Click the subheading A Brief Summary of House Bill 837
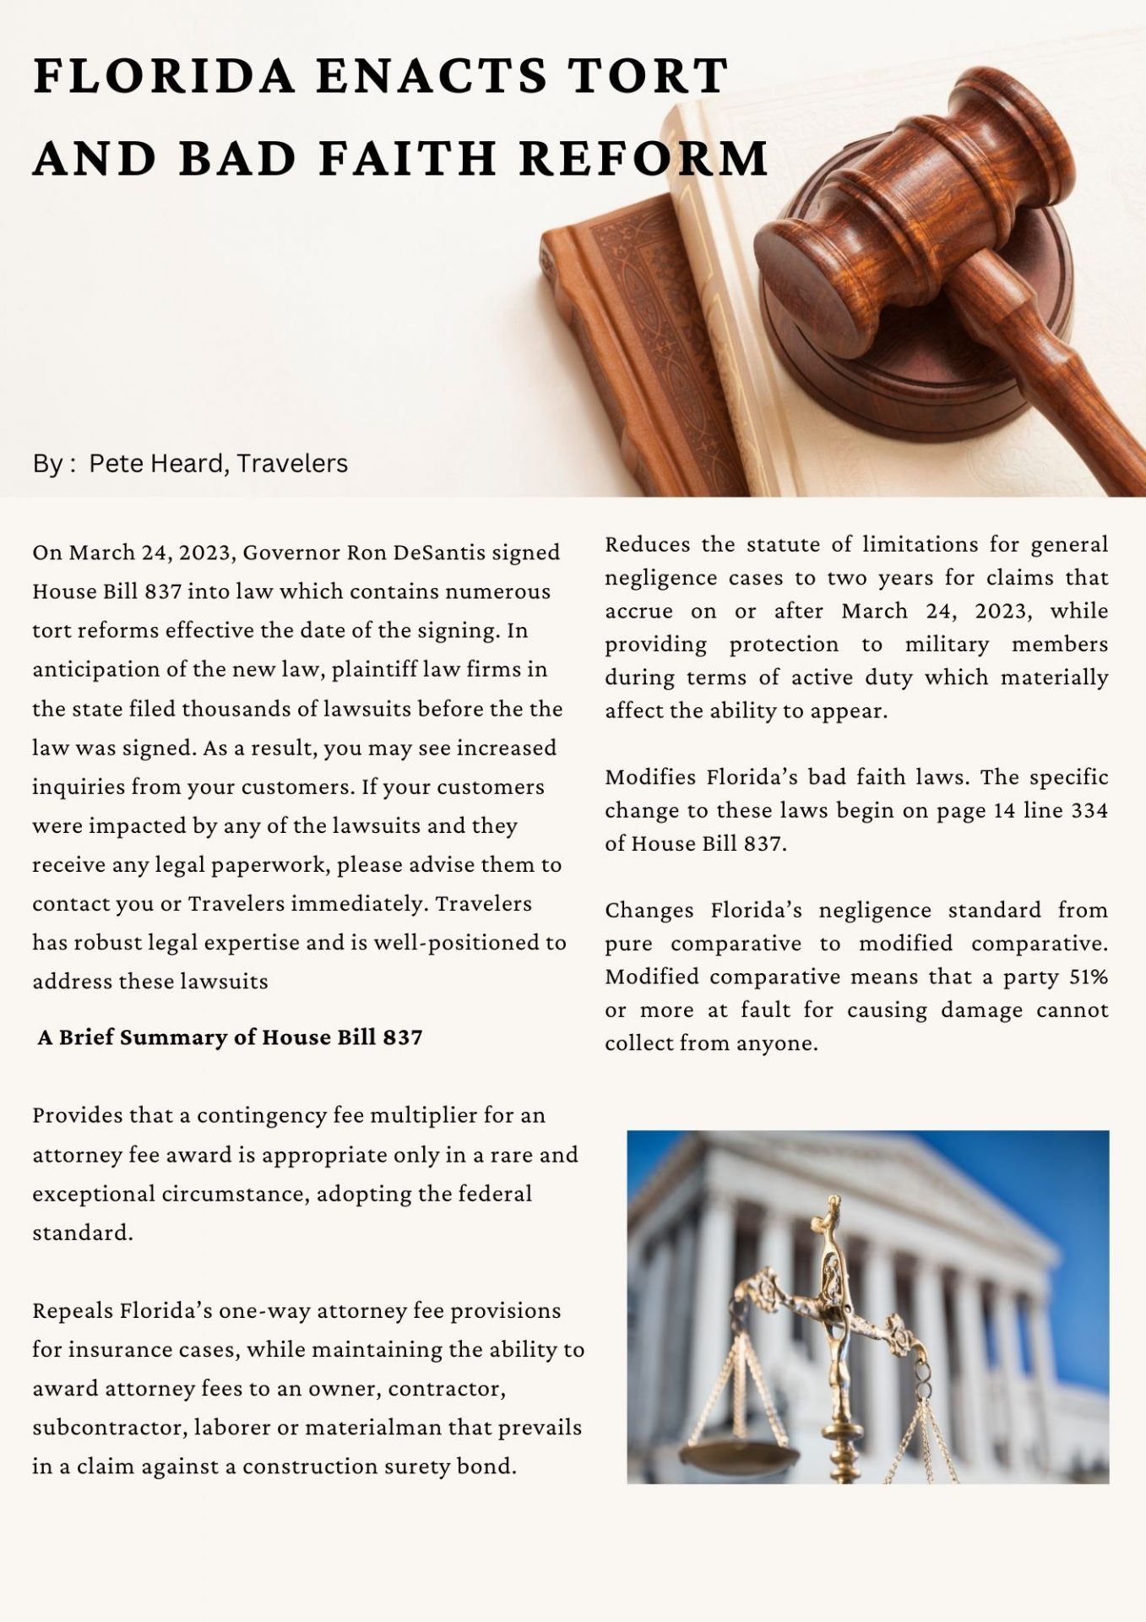tap(230, 1037)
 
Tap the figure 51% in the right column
tap(1088, 977)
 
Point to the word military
tap(946, 644)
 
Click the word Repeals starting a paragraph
tap(72, 1310)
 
